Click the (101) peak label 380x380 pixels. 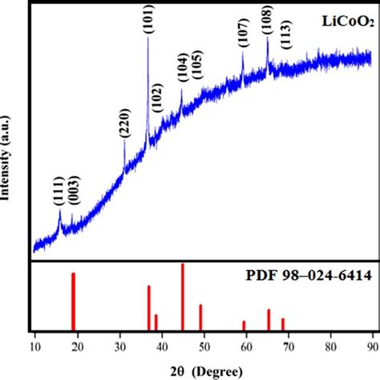(x=149, y=19)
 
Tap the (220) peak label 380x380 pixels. (x=125, y=123)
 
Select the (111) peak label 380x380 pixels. (x=59, y=191)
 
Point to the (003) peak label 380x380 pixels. (x=75, y=190)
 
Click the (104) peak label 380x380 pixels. (x=184, y=67)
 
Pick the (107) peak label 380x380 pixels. (x=244, y=33)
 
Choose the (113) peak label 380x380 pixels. (x=286, y=34)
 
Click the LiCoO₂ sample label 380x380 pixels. (x=348, y=22)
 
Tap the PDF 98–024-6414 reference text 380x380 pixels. (x=309, y=275)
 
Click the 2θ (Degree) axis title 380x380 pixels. (x=207, y=372)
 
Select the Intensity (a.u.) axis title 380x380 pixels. (x=6, y=158)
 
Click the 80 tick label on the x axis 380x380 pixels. (x=331, y=346)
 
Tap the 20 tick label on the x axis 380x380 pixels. (x=78, y=346)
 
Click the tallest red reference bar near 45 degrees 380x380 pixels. (x=183, y=297)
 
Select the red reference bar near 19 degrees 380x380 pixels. (x=73, y=301)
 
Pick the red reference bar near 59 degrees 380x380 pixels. (x=244, y=325)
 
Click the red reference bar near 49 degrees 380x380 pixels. (x=200, y=317)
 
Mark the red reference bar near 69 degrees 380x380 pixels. (x=283, y=325)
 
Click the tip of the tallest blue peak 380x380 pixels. (x=148, y=37)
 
